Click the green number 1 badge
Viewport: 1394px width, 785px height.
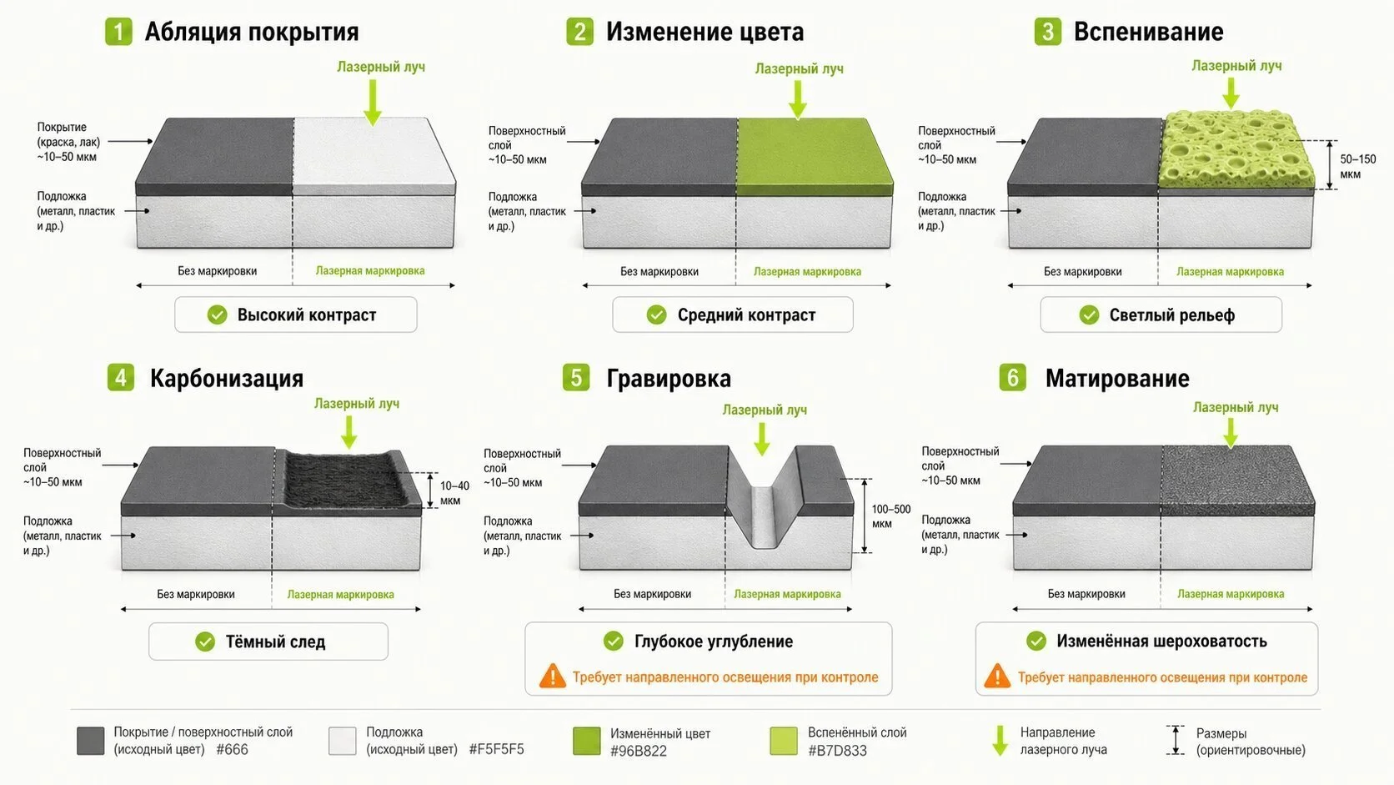(118, 31)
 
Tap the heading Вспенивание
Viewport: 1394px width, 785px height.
(1148, 32)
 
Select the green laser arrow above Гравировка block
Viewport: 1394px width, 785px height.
(762, 439)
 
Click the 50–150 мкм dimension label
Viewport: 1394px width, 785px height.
(1358, 167)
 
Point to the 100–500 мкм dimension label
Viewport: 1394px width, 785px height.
(890, 516)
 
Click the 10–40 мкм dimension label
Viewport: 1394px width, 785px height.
(454, 493)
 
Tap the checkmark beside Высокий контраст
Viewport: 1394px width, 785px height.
(218, 315)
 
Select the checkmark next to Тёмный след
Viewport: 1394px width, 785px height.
(205, 642)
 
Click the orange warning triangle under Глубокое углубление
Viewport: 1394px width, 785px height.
(553, 676)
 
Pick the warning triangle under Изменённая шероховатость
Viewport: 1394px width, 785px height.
(997, 676)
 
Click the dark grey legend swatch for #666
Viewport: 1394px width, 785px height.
(91, 741)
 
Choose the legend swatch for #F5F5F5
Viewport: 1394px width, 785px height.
(343, 741)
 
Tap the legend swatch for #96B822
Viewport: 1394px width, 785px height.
(586, 741)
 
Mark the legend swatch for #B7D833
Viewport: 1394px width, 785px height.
(784, 741)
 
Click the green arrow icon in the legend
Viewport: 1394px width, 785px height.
(1000, 741)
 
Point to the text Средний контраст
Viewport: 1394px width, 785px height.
(746, 315)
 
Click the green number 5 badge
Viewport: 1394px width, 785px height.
(576, 377)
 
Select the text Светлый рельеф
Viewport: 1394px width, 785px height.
(1172, 315)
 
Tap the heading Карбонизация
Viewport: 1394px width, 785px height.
(227, 379)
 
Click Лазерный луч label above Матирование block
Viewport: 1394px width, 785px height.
(1236, 407)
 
